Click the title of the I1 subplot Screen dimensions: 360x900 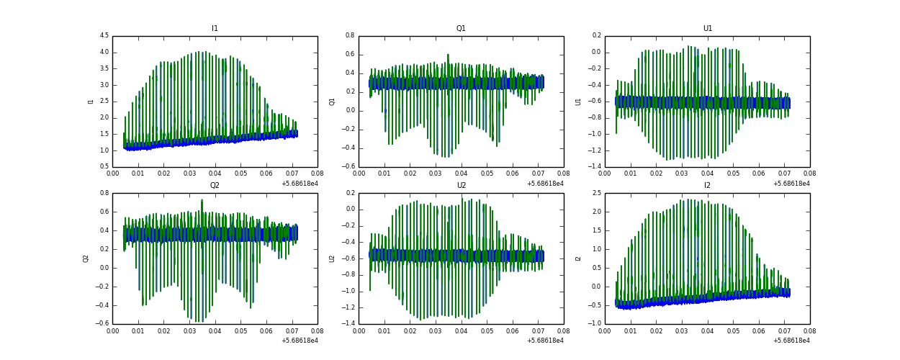click(x=215, y=29)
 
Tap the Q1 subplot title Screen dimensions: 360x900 click(x=461, y=29)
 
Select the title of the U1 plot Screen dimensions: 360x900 click(x=708, y=29)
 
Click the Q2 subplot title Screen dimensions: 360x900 click(x=215, y=186)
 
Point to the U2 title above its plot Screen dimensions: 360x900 click(x=461, y=186)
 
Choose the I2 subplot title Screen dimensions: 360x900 click(x=708, y=186)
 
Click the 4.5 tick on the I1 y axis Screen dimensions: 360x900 click(x=104, y=35)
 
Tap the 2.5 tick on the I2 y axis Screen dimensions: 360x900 click(x=597, y=193)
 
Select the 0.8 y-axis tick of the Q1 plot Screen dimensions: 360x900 click(x=350, y=35)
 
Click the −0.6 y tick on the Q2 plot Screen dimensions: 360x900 click(x=102, y=323)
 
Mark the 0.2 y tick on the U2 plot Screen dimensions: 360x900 click(x=350, y=193)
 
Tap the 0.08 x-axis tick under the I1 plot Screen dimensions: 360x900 click(x=317, y=174)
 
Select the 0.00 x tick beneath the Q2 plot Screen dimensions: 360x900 click(x=113, y=331)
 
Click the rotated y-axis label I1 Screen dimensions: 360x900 click(x=91, y=102)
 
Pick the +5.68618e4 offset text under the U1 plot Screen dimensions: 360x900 click(x=791, y=183)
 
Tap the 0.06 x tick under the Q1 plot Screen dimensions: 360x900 click(x=512, y=174)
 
